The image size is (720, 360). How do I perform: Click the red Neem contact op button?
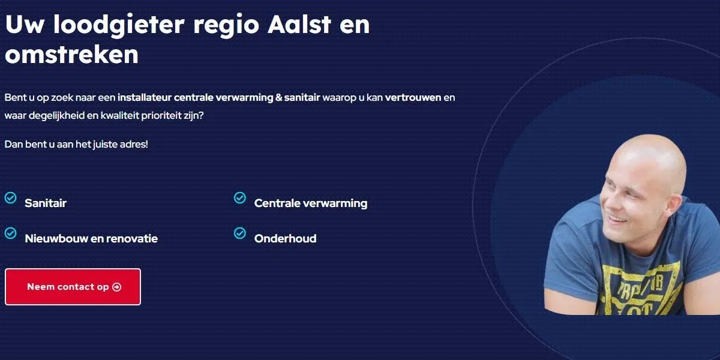[73, 287]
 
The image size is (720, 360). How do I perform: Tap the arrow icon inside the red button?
[116, 287]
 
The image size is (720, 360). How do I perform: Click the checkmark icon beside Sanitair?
[11, 197]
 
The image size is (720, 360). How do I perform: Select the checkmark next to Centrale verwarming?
[240, 197]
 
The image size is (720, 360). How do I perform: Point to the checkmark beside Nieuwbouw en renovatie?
[11, 233]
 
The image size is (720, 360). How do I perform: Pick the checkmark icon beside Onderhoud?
[240, 233]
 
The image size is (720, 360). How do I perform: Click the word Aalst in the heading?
[299, 25]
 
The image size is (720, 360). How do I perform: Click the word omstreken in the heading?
[71, 55]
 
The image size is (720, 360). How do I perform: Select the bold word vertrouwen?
[413, 97]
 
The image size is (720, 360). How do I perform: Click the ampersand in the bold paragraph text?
[278, 97]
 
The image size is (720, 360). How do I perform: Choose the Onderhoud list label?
[286, 239]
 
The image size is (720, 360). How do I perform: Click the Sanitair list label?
[46, 203]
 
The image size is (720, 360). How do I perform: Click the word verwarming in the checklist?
[335, 203]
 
